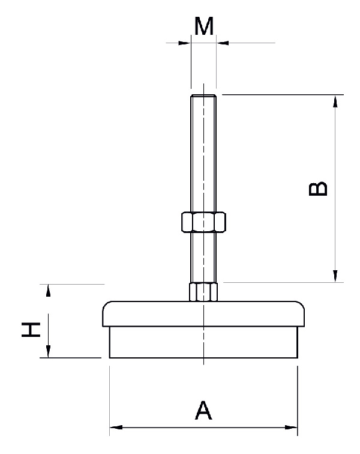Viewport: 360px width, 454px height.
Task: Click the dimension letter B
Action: (318, 188)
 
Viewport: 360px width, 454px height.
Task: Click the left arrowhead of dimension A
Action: (115, 428)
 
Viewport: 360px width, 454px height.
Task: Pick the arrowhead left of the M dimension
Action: (185, 43)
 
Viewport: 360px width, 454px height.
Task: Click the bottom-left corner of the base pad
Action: (110, 358)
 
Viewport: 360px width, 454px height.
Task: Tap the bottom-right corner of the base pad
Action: (297, 358)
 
